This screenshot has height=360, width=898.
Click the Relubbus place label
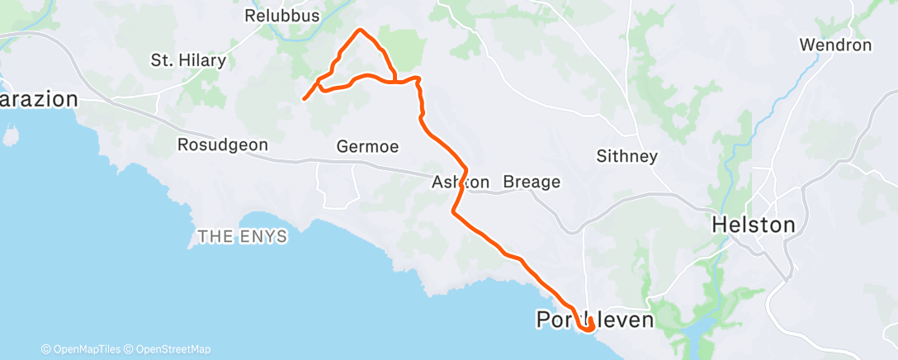(276, 16)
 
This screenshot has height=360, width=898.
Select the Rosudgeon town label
(223, 144)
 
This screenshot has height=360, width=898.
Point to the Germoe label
(367, 147)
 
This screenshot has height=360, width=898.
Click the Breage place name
(532, 182)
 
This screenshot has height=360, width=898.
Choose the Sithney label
(627, 156)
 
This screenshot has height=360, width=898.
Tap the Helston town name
(754, 225)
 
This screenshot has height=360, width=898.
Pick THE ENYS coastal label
(242, 237)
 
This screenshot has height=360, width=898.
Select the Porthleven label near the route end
(594, 318)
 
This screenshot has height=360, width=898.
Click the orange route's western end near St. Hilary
(305, 99)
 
